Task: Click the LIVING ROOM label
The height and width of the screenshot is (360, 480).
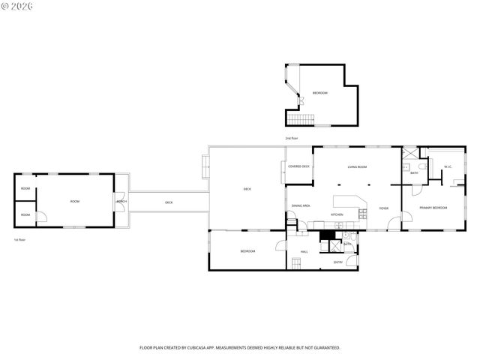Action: [x=357, y=166]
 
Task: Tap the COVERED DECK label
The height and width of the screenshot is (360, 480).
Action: [x=299, y=166]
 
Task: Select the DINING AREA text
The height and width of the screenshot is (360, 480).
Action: [x=301, y=205]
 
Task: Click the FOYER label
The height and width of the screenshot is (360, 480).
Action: [x=383, y=208]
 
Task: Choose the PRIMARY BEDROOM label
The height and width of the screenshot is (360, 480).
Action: [x=433, y=207]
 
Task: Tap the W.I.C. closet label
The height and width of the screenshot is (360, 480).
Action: [x=447, y=166]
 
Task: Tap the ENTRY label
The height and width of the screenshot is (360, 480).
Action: [x=338, y=262]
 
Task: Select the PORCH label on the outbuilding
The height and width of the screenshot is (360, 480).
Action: [x=121, y=202]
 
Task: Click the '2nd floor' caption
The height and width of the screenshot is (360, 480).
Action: [x=291, y=139]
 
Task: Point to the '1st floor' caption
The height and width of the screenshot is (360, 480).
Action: [x=20, y=240]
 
